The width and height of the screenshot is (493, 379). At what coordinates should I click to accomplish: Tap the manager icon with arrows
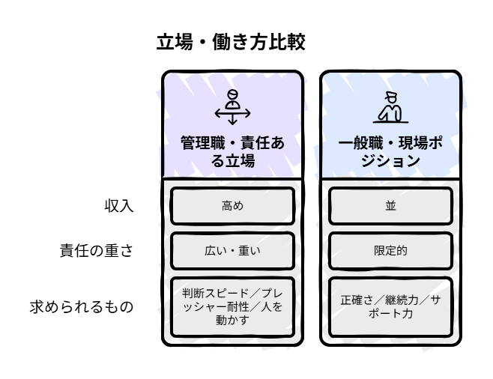[233, 106]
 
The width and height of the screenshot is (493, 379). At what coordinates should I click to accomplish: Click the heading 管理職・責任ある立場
[232, 151]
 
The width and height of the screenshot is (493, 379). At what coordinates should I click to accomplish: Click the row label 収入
[119, 206]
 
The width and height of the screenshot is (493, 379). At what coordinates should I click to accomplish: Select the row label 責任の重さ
[97, 251]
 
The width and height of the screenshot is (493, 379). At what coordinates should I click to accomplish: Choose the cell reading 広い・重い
[233, 251]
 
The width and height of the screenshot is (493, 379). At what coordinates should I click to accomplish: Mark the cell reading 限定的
[391, 251]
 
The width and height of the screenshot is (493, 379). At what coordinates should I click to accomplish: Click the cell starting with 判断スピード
[233, 306]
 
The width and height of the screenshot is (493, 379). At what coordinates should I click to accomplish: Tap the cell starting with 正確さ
[391, 306]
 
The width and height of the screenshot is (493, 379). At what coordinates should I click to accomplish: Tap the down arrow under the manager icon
[233, 120]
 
